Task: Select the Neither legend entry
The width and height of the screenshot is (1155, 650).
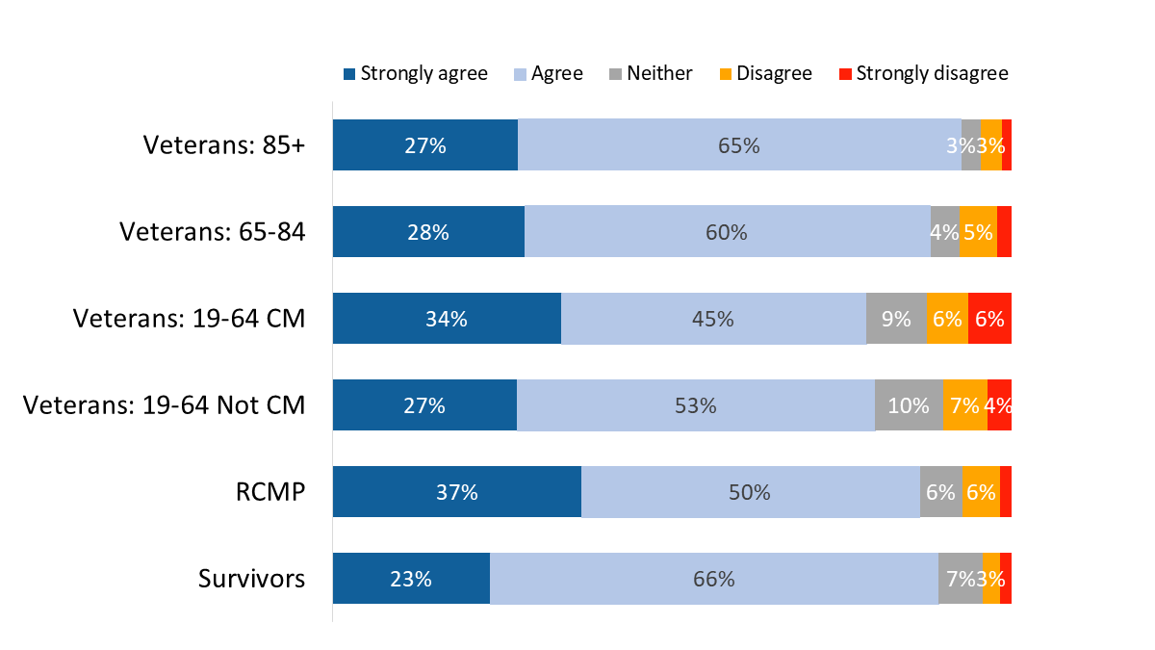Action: [x=651, y=74]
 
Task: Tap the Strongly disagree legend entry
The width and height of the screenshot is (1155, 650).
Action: [x=923, y=74]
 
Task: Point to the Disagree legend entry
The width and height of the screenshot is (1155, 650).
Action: [x=765, y=74]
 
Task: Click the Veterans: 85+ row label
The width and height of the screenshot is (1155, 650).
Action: [x=224, y=145]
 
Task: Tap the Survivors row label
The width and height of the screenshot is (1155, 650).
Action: [x=252, y=579]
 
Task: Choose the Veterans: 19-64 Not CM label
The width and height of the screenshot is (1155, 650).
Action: [x=165, y=405]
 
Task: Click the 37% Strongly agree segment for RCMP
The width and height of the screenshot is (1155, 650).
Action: [x=456, y=492]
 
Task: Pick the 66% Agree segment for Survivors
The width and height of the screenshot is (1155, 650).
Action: [x=714, y=579]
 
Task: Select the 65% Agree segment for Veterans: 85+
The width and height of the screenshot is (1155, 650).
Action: [x=739, y=145]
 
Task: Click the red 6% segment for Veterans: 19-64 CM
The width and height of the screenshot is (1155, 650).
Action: [x=989, y=319]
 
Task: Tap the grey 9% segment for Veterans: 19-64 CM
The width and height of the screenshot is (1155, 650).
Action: [x=896, y=319]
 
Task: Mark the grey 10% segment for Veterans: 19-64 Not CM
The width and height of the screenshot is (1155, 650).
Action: [x=909, y=405]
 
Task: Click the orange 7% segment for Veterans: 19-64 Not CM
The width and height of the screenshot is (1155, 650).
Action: [x=964, y=405]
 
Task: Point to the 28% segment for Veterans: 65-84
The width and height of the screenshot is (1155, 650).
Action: [x=428, y=232]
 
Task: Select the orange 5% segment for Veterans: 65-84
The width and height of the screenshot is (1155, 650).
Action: [x=978, y=232]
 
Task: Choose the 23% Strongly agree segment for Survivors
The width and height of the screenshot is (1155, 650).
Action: [x=411, y=579]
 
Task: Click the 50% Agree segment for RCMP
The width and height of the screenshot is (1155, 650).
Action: [x=750, y=492]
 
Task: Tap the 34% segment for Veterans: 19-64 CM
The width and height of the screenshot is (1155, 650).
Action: [x=447, y=319]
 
